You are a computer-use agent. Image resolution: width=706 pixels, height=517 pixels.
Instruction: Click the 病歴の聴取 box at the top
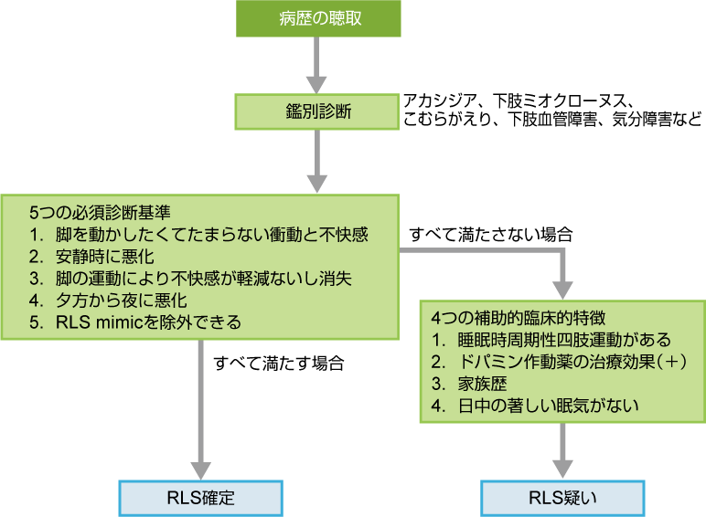point(316,19)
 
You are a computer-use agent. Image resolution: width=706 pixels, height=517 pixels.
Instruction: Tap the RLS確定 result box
point(201,498)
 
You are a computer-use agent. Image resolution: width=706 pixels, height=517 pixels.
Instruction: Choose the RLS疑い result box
point(562,498)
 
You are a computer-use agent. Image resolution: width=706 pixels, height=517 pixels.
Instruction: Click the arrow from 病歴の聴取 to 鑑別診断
point(316,64)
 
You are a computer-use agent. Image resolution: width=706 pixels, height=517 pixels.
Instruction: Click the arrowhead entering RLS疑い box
point(562,467)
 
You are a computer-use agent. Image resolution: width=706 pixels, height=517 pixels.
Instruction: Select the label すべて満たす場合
point(278,363)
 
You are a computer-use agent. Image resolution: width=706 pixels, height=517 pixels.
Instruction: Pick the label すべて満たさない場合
point(491,234)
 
